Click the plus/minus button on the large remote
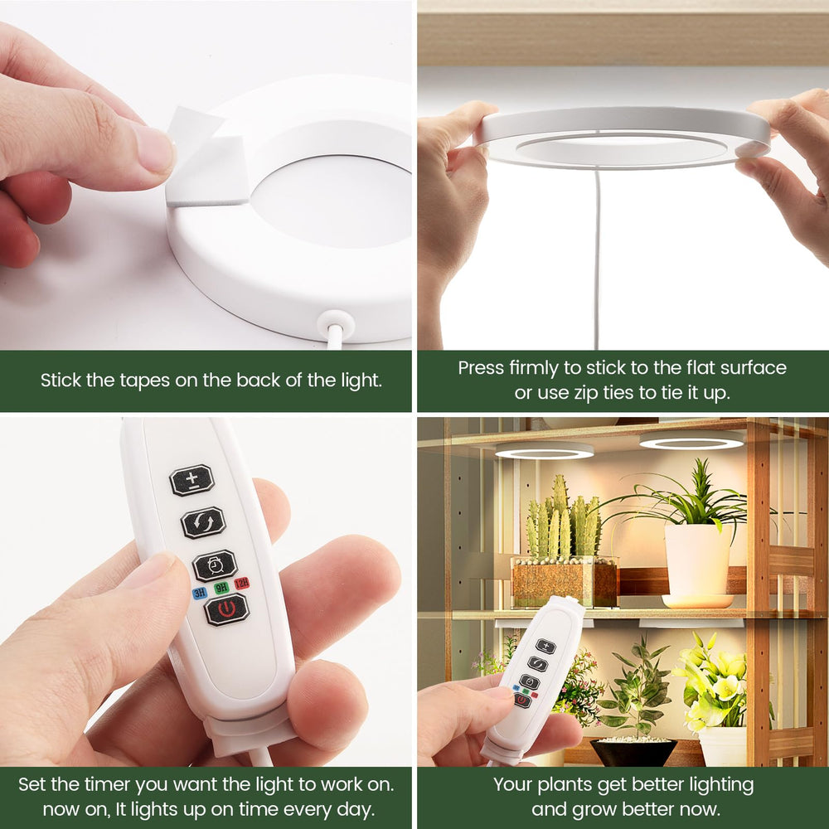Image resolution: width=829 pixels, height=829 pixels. (192, 479)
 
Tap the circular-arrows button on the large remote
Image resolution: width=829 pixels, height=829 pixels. (204, 522)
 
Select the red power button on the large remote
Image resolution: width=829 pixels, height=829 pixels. (227, 609)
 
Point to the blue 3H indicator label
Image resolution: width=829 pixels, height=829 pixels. (199, 593)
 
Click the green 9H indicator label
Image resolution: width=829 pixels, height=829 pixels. (221, 588)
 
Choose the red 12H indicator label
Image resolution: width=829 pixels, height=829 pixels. (241, 583)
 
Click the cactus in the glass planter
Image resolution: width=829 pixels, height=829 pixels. (563, 520)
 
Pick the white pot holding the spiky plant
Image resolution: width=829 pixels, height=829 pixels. (698, 561)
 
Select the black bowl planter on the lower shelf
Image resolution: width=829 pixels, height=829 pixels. (633, 751)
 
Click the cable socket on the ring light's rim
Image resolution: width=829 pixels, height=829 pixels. (337, 322)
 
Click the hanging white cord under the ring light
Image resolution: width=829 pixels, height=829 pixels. (598, 259)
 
